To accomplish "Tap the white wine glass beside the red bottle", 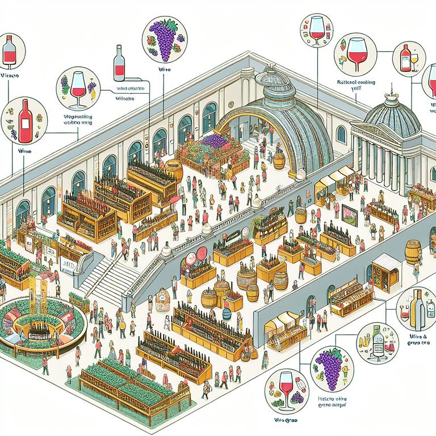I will pyautogui.click(x=414, y=59).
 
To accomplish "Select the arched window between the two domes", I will pyautogui.click(x=341, y=134).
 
